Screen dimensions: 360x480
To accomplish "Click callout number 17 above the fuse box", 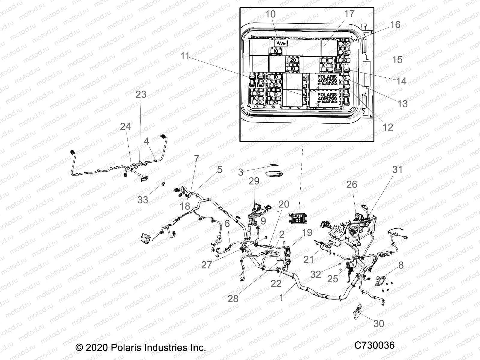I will click(349, 14).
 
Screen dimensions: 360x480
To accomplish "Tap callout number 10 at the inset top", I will click(270, 14).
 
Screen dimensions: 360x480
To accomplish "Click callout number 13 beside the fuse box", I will click(402, 103).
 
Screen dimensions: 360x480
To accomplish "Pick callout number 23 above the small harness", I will click(141, 94).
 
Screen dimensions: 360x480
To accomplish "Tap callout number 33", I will click(143, 199).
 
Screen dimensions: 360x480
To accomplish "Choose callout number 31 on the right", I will click(397, 170).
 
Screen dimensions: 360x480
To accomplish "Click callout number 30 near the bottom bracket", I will click(379, 323).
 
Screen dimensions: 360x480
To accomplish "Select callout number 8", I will click(401, 265).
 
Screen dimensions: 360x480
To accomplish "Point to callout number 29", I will click(254, 181).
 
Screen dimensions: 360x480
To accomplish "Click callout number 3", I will click(241, 172).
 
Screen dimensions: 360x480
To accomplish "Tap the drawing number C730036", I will click(374, 346).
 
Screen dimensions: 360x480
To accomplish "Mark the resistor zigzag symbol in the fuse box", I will click(281, 44).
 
